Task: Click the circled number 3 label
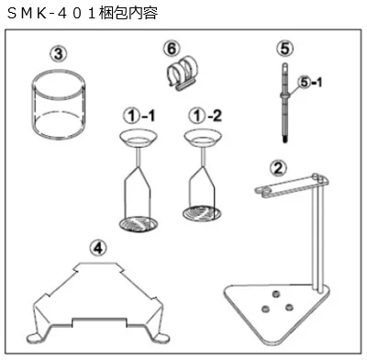click(58, 53)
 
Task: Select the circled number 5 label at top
click(284, 46)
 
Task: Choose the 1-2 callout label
click(202, 117)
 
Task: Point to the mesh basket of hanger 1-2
click(204, 214)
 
